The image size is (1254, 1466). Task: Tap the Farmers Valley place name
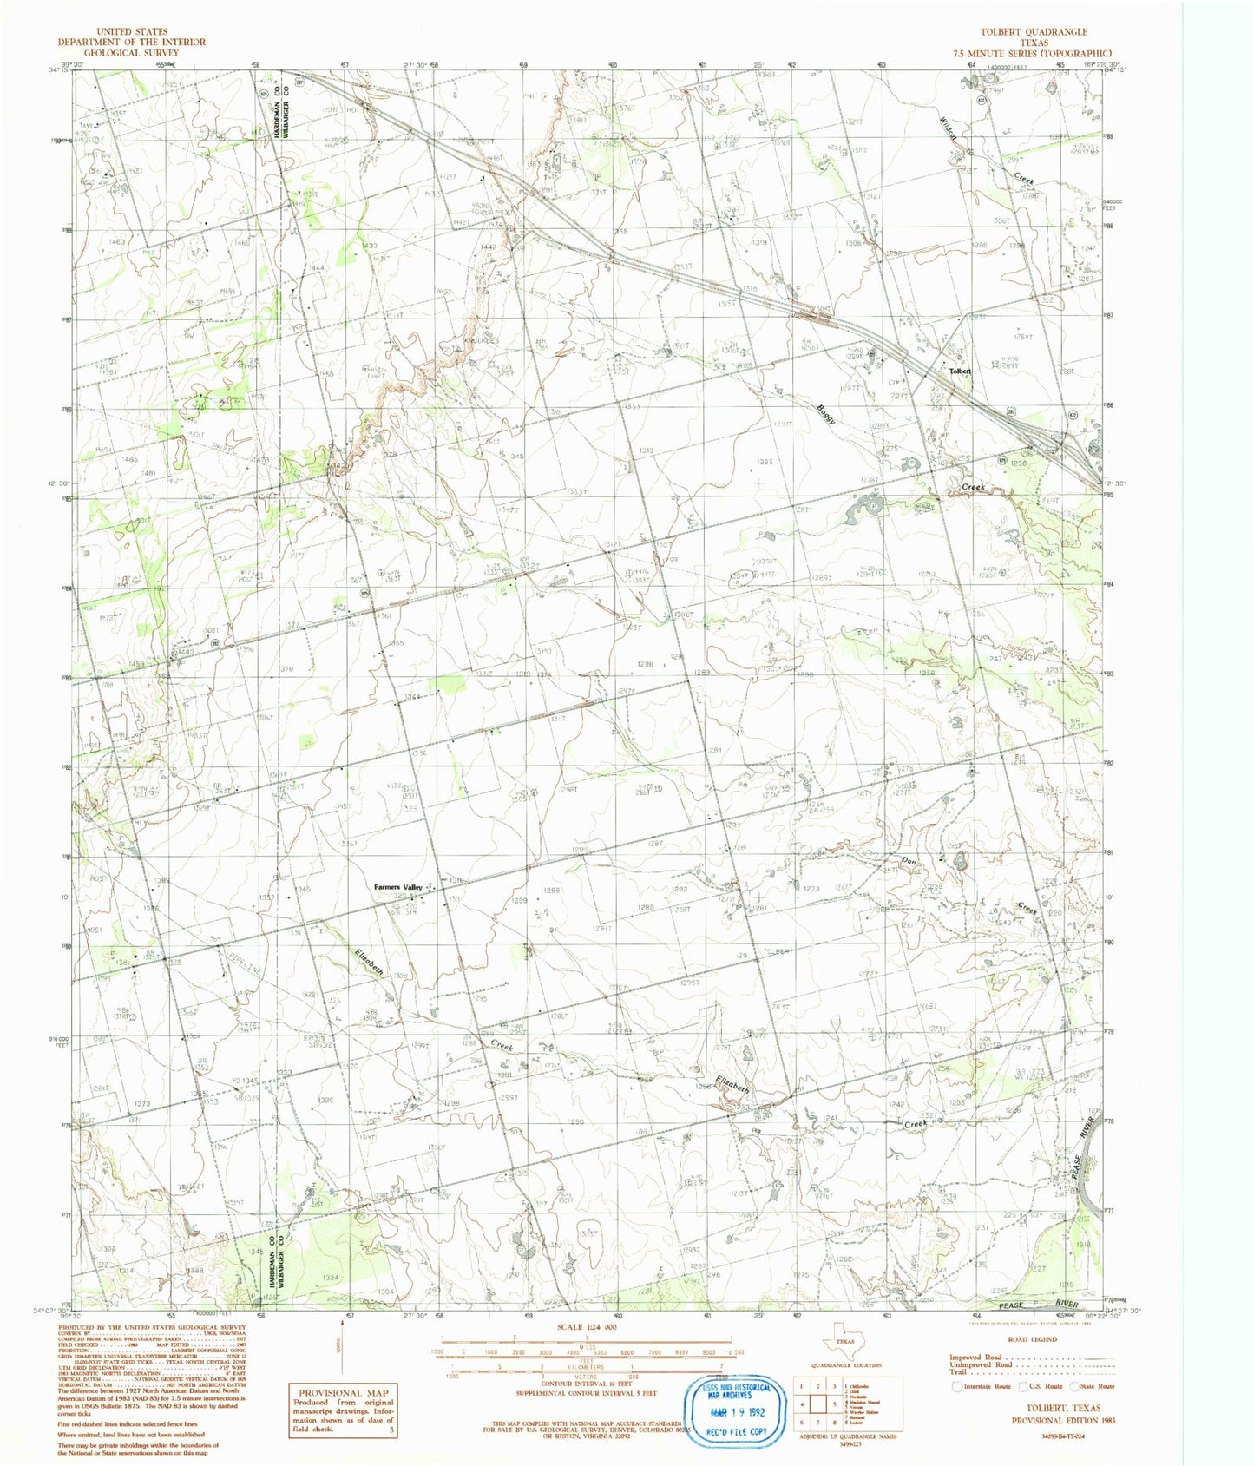coord(397,886)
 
